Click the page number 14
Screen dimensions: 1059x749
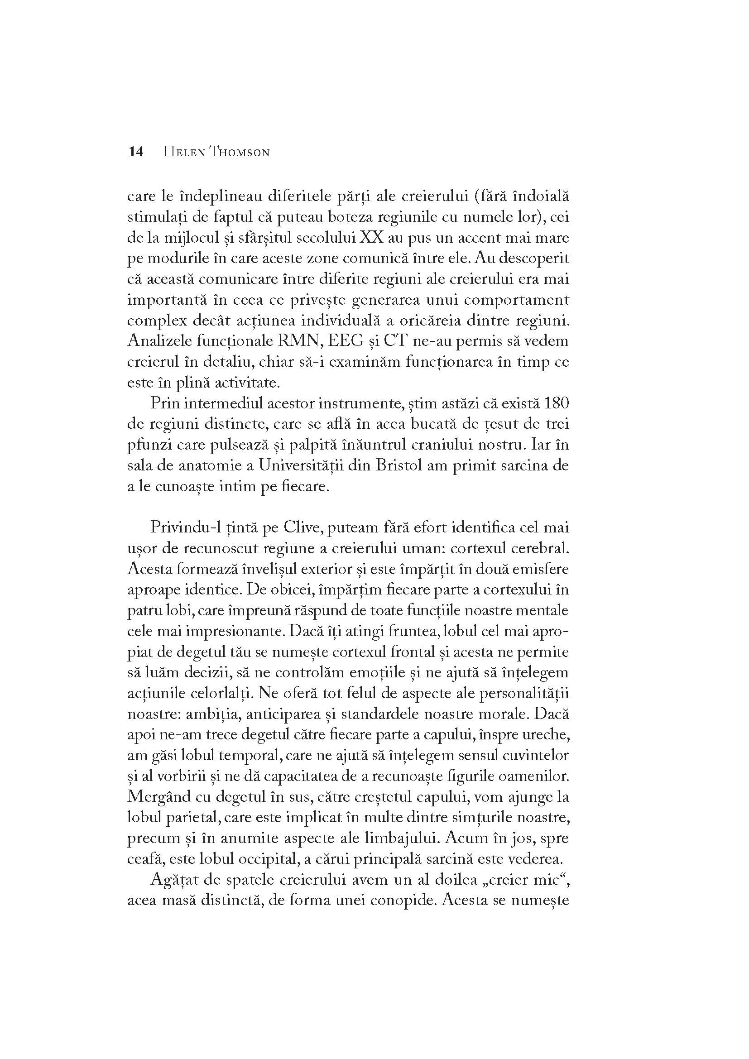[135, 152]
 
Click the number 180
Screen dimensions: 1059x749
[556, 403]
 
